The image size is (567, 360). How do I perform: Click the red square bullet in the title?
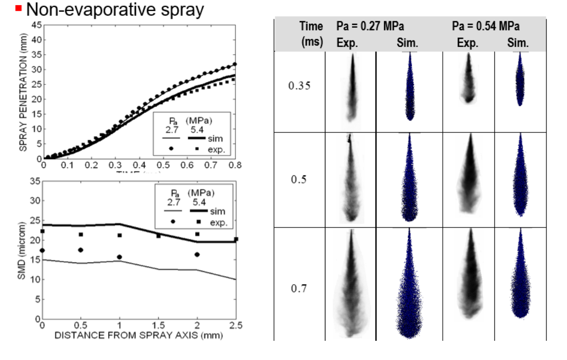click(x=19, y=9)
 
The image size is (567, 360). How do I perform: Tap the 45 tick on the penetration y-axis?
click(x=36, y=25)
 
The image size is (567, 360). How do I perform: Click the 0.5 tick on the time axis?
click(x=163, y=165)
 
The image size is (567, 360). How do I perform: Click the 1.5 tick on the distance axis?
click(x=159, y=325)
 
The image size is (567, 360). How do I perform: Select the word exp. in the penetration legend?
click(x=217, y=150)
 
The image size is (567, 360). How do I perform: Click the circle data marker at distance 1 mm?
click(x=120, y=257)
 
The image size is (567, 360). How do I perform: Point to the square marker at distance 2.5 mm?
click(x=236, y=239)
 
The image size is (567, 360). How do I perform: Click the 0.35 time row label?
click(x=299, y=85)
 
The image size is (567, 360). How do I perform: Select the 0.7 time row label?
click(x=299, y=289)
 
